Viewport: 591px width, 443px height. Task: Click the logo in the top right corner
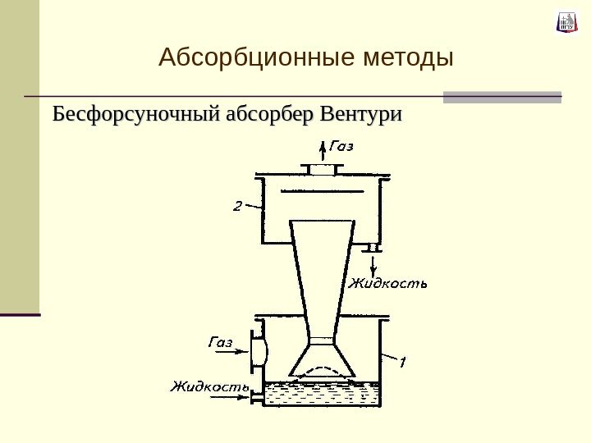click(x=566, y=22)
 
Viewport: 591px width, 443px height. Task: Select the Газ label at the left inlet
click(x=219, y=342)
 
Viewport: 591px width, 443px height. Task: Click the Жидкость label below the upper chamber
click(x=388, y=285)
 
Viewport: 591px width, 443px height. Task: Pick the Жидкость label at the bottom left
click(x=208, y=386)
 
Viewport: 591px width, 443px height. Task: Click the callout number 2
click(x=237, y=206)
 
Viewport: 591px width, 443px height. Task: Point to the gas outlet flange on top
click(x=322, y=169)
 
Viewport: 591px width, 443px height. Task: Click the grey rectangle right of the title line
click(x=502, y=97)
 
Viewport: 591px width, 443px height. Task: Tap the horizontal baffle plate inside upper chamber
click(x=322, y=191)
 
